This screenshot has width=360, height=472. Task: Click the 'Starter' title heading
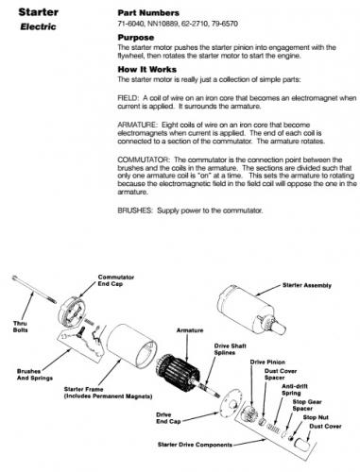39,12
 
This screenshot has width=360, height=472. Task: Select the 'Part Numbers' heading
148,13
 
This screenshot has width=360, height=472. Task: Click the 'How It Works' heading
147,69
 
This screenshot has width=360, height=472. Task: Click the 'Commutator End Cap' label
116,280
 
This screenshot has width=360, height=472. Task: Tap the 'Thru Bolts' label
21,327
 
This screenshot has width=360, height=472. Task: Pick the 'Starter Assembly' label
307,285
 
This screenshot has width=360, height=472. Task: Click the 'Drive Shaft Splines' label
230,349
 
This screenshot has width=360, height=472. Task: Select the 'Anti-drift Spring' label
294,390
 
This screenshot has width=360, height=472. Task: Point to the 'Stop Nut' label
316,417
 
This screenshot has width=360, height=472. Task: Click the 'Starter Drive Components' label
195,445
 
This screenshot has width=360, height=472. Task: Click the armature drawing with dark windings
179,370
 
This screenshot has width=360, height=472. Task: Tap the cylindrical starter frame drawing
131,346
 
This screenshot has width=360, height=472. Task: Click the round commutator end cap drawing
72,312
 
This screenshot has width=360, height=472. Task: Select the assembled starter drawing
251,310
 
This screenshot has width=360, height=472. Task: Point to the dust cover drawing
302,444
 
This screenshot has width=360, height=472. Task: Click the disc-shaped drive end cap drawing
231,403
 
